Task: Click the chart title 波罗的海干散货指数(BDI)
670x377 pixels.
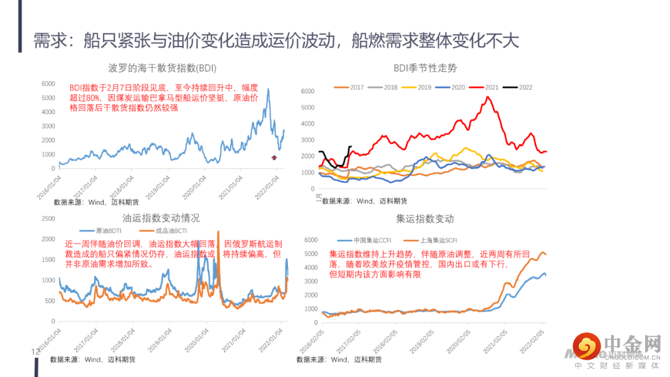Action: pos(162,68)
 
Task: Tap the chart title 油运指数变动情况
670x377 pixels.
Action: pos(161,218)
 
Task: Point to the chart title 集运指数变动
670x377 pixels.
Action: pos(425,219)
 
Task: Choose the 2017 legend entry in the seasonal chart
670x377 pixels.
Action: pos(351,87)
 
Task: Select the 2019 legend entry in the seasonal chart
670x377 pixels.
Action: pos(418,87)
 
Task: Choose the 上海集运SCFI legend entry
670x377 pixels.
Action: pos(435,241)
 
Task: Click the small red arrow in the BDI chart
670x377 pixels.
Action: pos(274,157)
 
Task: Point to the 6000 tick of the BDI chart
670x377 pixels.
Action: pos(48,84)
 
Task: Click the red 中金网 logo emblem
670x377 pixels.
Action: pos(586,345)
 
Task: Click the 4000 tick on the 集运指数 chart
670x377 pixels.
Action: pos(310,267)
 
